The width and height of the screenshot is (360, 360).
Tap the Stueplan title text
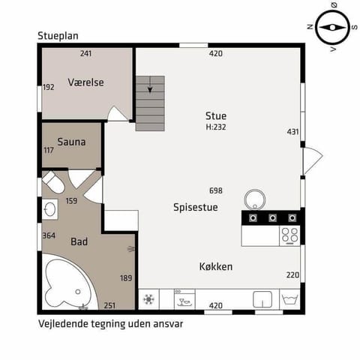(58, 35)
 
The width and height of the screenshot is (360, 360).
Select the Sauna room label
(71, 142)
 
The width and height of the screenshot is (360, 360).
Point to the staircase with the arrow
(150, 103)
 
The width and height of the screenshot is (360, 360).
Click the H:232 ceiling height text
(216, 127)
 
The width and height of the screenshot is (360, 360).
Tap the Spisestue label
(195, 208)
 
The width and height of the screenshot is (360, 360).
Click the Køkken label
(215, 266)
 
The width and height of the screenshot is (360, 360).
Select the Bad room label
(79, 242)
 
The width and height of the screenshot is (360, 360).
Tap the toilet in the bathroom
(53, 182)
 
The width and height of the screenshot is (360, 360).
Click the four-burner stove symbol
(289, 235)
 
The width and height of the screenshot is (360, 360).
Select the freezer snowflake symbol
(148, 299)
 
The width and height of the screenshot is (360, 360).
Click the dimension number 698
(216, 191)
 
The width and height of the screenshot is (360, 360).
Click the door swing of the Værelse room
(118, 114)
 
